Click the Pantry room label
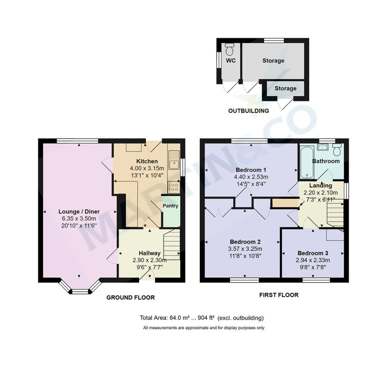(x=170, y=206)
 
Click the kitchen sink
(x=174, y=160)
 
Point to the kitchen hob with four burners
(x=174, y=187)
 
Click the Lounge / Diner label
(x=79, y=211)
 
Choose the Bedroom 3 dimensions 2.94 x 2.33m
(x=313, y=260)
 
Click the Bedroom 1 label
(x=251, y=170)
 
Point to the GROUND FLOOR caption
(x=131, y=298)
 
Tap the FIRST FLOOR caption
(x=279, y=295)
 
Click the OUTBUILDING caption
(x=248, y=111)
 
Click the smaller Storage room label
(x=285, y=88)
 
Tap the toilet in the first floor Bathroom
(x=337, y=150)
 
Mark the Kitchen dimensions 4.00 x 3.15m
(x=147, y=168)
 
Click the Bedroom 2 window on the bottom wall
(x=244, y=280)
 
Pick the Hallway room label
(x=150, y=253)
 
